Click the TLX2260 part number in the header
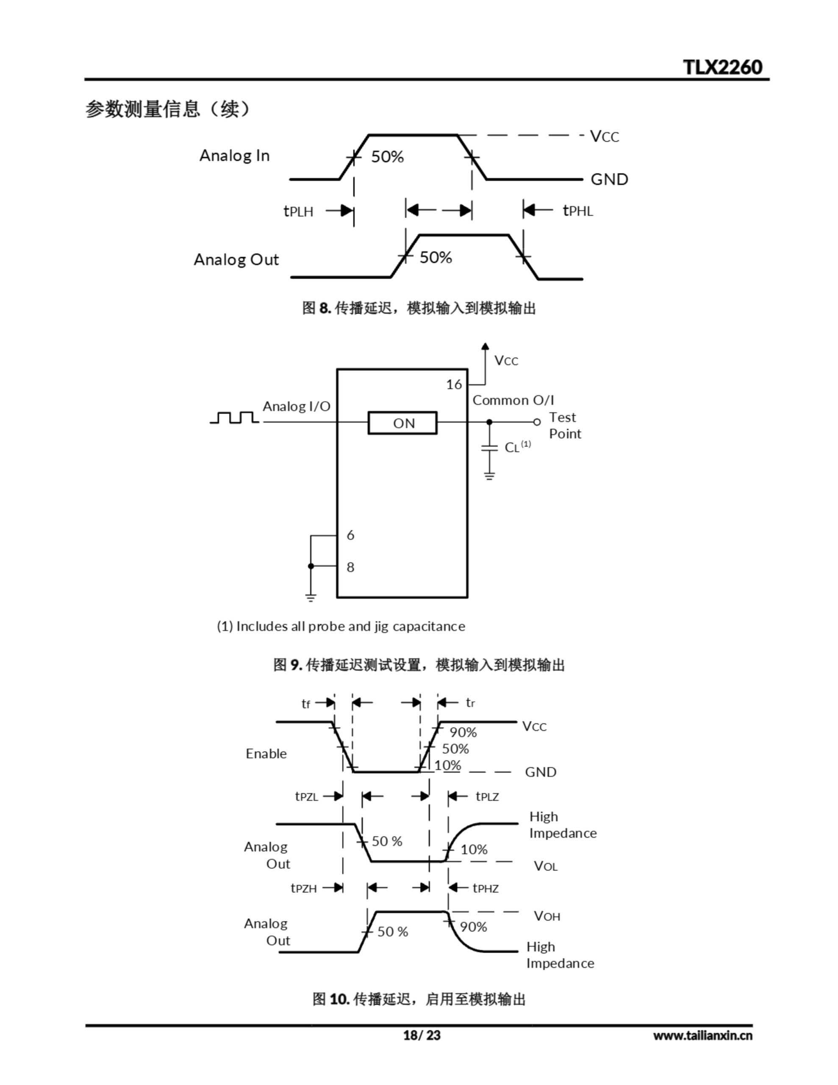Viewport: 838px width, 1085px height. pyautogui.click(x=722, y=67)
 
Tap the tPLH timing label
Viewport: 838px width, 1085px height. pyautogui.click(x=298, y=211)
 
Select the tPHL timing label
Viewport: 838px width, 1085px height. pyautogui.click(x=578, y=211)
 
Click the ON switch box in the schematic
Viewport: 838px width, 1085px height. pyautogui.click(x=402, y=423)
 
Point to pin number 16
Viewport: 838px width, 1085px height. pyautogui.click(x=453, y=384)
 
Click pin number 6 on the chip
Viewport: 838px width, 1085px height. pyautogui.click(x=350, y=535)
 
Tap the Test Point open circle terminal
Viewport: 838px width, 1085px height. pyautogui.click(x=536, y=422)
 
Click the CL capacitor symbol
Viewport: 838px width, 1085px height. pyautogui.click(x=489, y=448)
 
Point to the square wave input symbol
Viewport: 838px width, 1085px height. pyautogui.click(x=234, y=417)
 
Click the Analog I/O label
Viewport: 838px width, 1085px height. pyautogui.click(x=296, y=406)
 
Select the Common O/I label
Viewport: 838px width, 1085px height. pyautogui.click(x=513, y=401)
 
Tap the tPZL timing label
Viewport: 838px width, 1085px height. pyautogui.click(x=306, y=796)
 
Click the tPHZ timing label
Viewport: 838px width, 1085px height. pyautogui.click(x=486, y=888)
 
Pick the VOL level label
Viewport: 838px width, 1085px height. pyautogui.click(x=545, y=866)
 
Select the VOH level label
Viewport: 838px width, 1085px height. pyautogui.click(x=547, y=915)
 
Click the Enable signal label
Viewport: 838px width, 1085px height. pyautogui.click(x=266, y=754)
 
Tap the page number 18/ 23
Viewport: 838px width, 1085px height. pyautogui.click(x=421, y=1035)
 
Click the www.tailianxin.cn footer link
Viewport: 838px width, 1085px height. pyautogui.click(x=702, y=1035)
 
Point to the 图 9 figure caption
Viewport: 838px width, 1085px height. pyautogui.click(x=419, y=665)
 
